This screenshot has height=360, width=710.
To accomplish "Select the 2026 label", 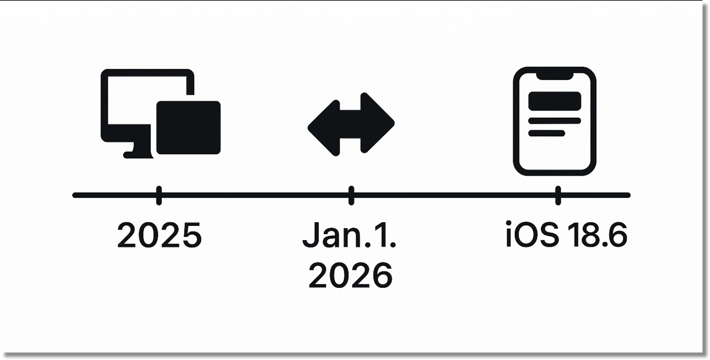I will coord(350,275).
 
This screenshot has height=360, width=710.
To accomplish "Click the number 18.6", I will coord(597,236).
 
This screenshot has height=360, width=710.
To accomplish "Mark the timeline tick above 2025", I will coord(159,195).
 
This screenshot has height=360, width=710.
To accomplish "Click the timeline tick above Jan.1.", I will coord(351,195).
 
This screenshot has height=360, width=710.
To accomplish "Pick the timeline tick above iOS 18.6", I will coord(557,195).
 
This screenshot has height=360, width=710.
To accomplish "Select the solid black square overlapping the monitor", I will coord(188,127).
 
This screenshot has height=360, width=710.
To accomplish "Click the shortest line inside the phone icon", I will coord(546,133).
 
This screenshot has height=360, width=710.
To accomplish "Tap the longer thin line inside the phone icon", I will coord(554,120).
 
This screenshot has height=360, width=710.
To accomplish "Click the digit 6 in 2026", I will coord(382,275).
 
